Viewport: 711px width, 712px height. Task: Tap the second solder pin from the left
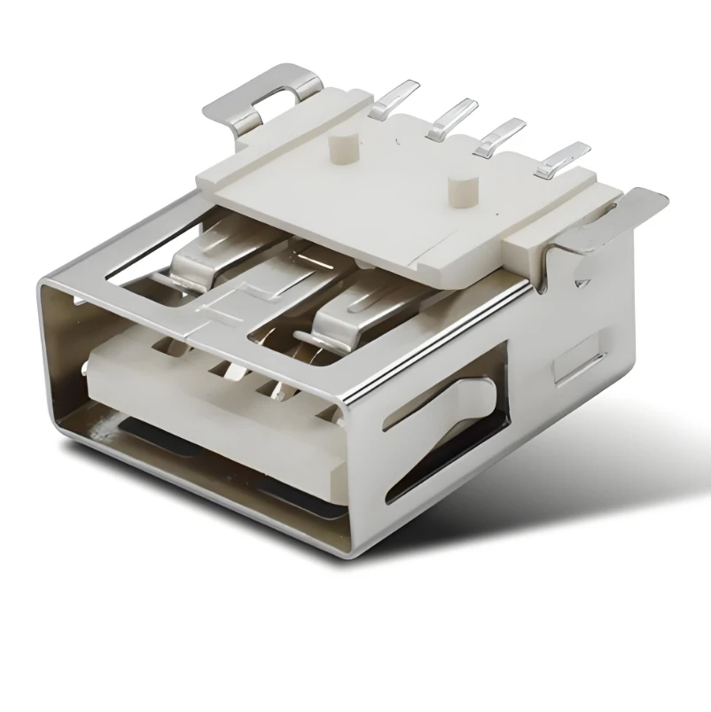[x=452, y=118]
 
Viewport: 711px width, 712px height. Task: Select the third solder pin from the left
[x=498, y=137]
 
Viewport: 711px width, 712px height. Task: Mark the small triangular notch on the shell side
[x=582, y=285]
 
